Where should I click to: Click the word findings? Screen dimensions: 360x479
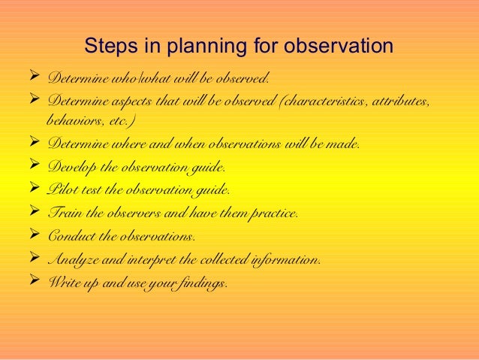point(201,284)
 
